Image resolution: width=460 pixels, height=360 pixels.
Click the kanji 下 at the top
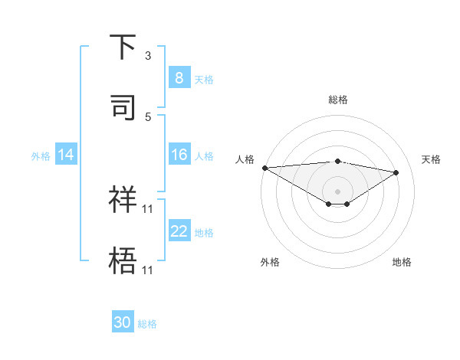[x=123, y=47]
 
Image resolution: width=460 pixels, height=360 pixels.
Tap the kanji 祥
[x=123, y=199]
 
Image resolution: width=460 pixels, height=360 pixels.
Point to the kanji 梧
[x=123, y=260]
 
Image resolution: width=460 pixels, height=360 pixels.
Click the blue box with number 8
[x=179, y=78]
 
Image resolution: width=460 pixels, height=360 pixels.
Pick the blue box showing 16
[x=179, y=155]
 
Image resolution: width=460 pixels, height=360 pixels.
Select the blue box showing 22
[x=179, y=231]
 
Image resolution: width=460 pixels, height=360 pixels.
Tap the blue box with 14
[x=66, y=155]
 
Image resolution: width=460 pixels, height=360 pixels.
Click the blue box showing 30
[x=123, y=322]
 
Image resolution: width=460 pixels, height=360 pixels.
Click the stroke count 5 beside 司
[x=148, y=117]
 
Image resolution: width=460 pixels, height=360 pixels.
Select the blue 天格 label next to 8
[x=204, y=79]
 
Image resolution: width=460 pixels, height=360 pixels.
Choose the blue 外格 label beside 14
[x=41, y=155]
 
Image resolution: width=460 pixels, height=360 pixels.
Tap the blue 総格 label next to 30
[x=148, y=324]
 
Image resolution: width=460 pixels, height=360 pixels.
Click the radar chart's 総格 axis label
[x=338, y=100]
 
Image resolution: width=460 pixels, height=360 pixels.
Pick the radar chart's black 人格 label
[x=245, y=159]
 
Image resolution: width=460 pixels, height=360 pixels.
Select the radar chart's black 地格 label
[x=402, y=262]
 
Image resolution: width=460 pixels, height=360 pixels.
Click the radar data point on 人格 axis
[x=264, y=168]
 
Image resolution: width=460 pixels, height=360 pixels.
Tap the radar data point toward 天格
[x=396, y=172]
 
